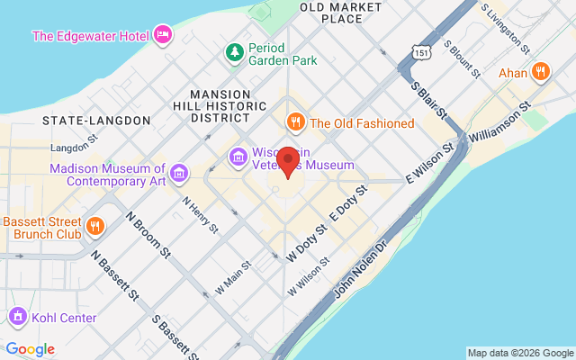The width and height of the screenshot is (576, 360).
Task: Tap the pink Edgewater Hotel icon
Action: (x=163, y=35)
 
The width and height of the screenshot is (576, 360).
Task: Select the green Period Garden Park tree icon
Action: (x=234, y=53)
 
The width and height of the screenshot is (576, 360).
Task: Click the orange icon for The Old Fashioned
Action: (x=294, y=122)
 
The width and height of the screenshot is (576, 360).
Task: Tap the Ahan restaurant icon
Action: (x=540, y=71)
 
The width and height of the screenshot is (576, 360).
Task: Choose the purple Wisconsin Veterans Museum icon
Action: (x=238, y=158)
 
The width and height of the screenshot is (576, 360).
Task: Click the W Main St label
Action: (x=232, y=279)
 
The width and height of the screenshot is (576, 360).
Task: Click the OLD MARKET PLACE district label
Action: (x=330, y=13)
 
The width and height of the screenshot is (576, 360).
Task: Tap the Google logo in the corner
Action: (x=30, y=349)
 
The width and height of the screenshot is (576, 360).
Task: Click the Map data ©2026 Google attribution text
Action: (x=520, y=353)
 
